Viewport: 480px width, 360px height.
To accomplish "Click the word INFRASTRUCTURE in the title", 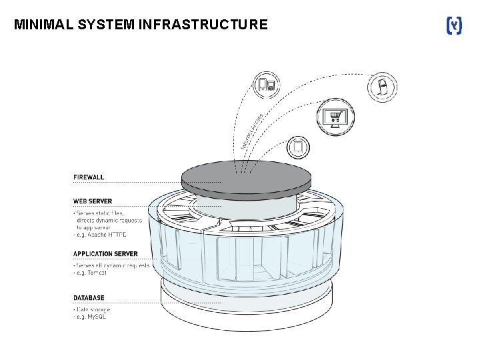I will point(203,25).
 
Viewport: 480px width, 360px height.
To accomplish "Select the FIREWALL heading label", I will point(89,177).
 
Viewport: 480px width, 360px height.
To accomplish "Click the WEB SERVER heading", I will point(93,201).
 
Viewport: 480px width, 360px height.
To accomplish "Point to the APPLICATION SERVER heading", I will point(105,254).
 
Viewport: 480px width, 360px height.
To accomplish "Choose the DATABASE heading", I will point(89,298).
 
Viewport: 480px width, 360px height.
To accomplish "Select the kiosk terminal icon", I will point(384,87).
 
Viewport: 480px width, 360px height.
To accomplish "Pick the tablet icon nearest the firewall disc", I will point(298,147).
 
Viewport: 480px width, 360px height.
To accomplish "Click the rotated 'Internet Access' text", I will point(251,130).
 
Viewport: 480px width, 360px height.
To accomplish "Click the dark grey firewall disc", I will point(246,177).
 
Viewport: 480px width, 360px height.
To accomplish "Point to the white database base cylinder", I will point(246,307).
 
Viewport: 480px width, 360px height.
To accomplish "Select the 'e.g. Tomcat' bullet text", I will point(93,272).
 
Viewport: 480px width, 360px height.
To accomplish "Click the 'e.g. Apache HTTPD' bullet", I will point(100,235).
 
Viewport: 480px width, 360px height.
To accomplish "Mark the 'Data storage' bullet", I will point(92,309).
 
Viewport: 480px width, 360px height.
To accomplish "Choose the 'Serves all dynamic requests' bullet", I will point(111,265).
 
